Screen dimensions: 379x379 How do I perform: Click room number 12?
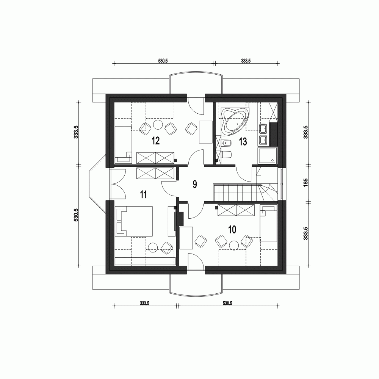[155, 141]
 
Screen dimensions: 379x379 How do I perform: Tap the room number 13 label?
[243, 142]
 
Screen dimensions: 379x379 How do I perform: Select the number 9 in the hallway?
[194, 185]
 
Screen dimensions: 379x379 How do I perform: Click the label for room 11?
[143, 195]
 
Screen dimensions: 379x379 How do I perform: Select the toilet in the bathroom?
[226, 155]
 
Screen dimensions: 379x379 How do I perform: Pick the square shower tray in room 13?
[267, 156]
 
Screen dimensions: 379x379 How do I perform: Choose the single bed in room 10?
[269, 224]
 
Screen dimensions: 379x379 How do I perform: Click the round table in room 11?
[153, 248]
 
